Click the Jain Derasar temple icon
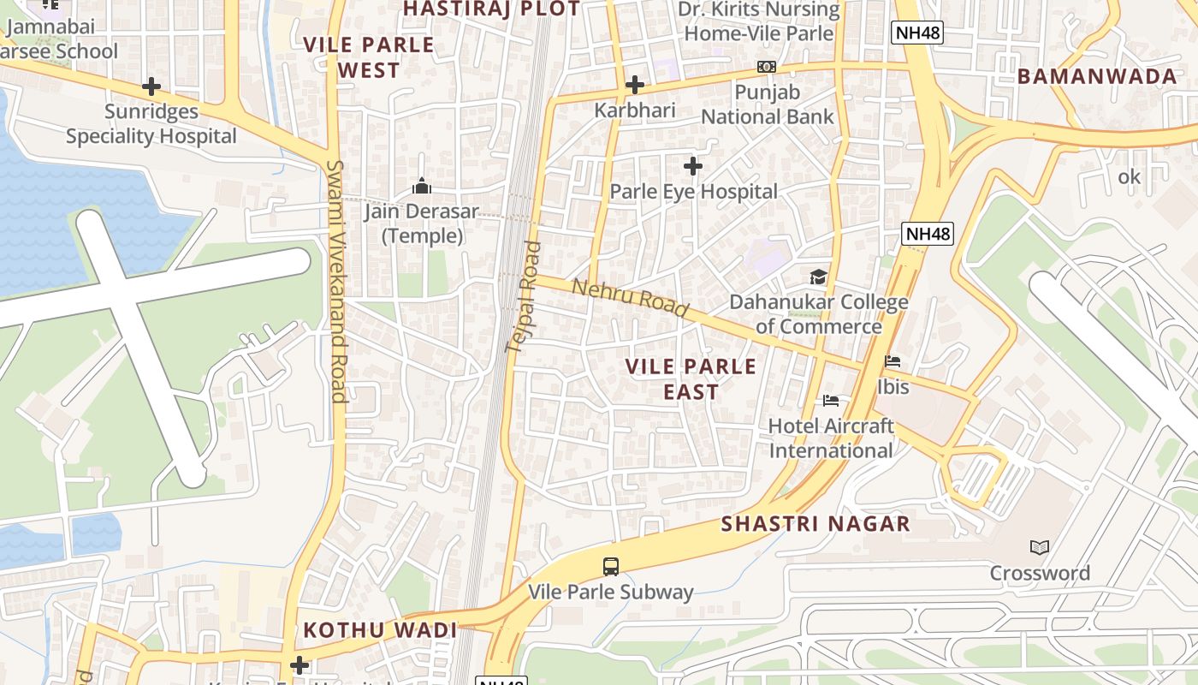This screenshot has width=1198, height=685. tap(421, 186)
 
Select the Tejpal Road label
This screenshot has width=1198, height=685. tap(525, 297)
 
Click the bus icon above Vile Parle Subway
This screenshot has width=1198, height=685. tap(611, 566)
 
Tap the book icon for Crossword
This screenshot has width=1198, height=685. tap(1040, 547)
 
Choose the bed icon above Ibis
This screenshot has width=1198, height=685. tap(893, 361)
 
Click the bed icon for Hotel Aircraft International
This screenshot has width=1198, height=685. tap(830, 400)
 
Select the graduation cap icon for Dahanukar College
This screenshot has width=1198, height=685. tap(819, 277)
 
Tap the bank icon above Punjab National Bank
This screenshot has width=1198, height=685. tap(767, 67)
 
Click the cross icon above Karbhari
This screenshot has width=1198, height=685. tap(634, 85)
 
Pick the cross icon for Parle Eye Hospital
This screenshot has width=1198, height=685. tap(693, 165)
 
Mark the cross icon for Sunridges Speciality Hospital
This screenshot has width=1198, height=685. tap(151, 86)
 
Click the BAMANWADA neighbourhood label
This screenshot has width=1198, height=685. tap(1097, 76)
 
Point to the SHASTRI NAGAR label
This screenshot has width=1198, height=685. tap(815, 524)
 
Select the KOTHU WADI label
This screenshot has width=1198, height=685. tap(380, 630)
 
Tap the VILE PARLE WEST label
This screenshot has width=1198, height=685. tap(369, 57)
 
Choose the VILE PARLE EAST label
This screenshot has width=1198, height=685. tap(691, 379)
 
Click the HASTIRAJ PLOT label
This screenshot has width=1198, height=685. tap(491, 9)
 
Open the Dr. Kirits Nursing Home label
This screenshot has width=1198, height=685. tap(759, 21)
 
